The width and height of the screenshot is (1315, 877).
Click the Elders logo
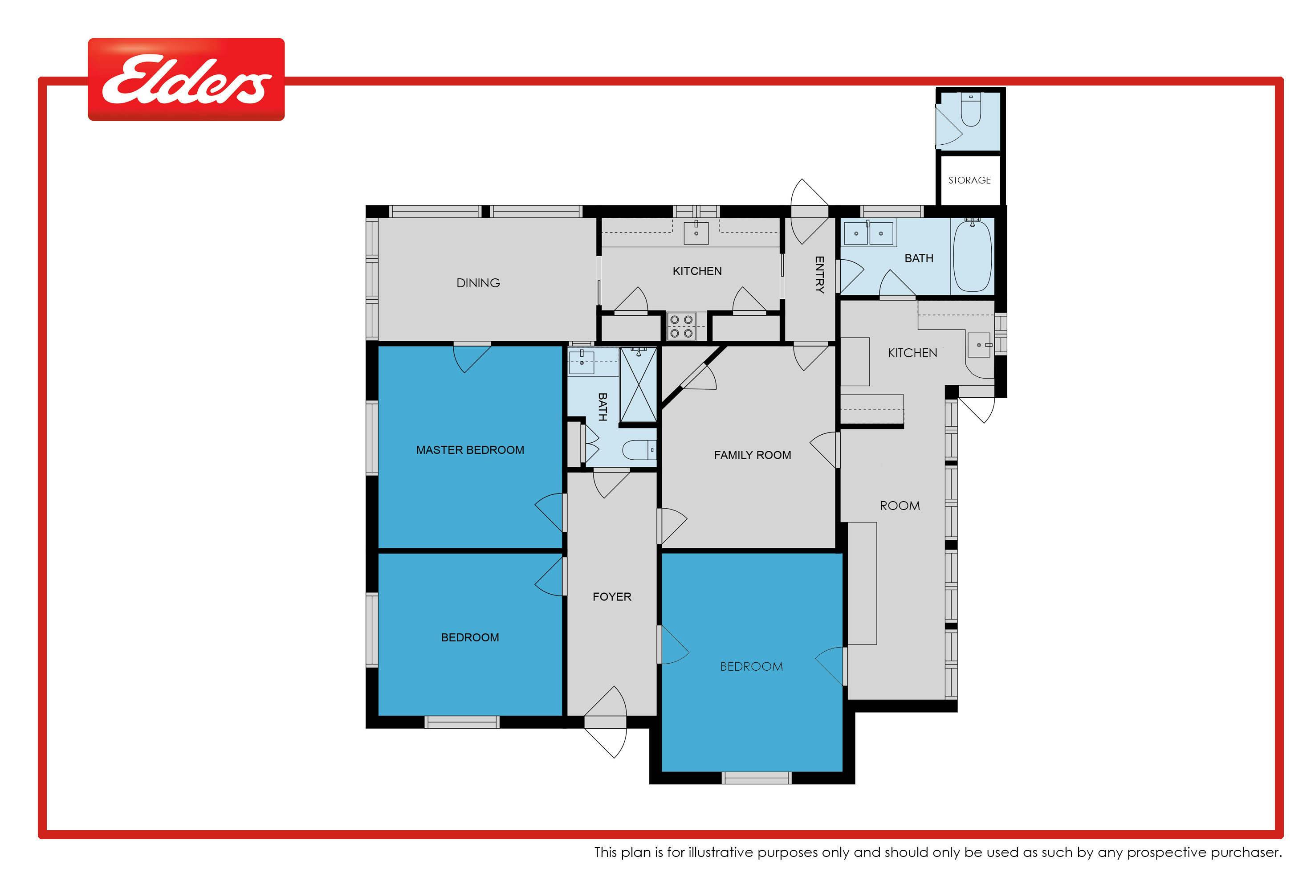click(186, 79)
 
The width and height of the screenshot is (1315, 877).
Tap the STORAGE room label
click(969, 180)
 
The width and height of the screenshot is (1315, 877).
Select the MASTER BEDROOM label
click(470, 450)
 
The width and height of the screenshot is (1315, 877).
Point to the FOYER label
click(612, 597)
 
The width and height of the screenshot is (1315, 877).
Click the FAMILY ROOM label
click(753, 455)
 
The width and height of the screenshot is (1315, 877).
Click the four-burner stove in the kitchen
click(681, 326)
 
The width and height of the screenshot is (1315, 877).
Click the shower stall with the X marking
click(639, 385)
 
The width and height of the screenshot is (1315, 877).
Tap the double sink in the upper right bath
click(868, 233)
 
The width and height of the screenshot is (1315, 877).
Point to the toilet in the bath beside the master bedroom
click(639, 450)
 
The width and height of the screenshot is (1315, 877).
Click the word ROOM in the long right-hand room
click(900, 506)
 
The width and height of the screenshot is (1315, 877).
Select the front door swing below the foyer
click(606, 722)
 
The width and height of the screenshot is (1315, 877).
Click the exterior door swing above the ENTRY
click(809, 212)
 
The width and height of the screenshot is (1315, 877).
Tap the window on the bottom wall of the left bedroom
click(462, 722)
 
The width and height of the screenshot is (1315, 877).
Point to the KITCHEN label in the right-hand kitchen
click(912, 353)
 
